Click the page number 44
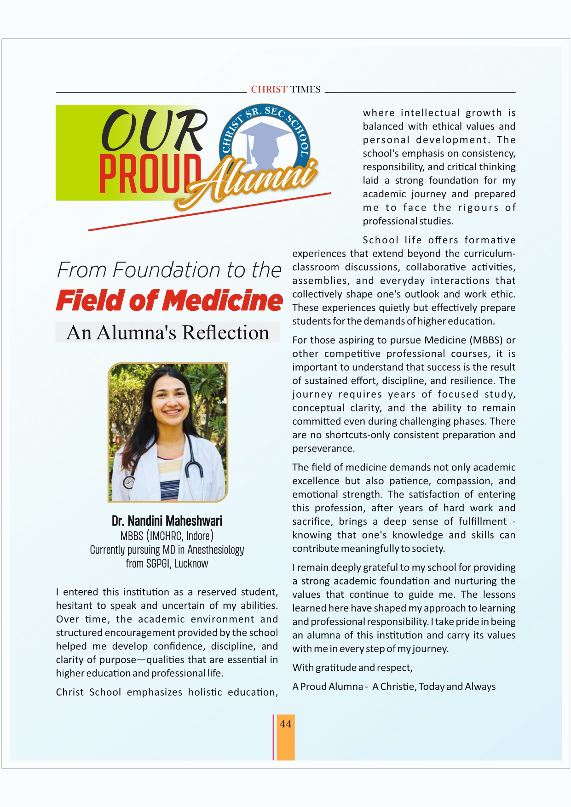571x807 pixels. point(285,724)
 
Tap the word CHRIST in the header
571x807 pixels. point(269,90)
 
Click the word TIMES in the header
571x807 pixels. point(305,90)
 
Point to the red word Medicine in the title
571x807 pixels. point(223,301)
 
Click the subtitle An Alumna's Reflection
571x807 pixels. point(167,332)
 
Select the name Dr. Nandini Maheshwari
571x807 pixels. point(167,521)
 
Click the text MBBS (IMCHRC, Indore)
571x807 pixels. point(167,536)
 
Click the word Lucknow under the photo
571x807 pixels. point(191,564)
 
